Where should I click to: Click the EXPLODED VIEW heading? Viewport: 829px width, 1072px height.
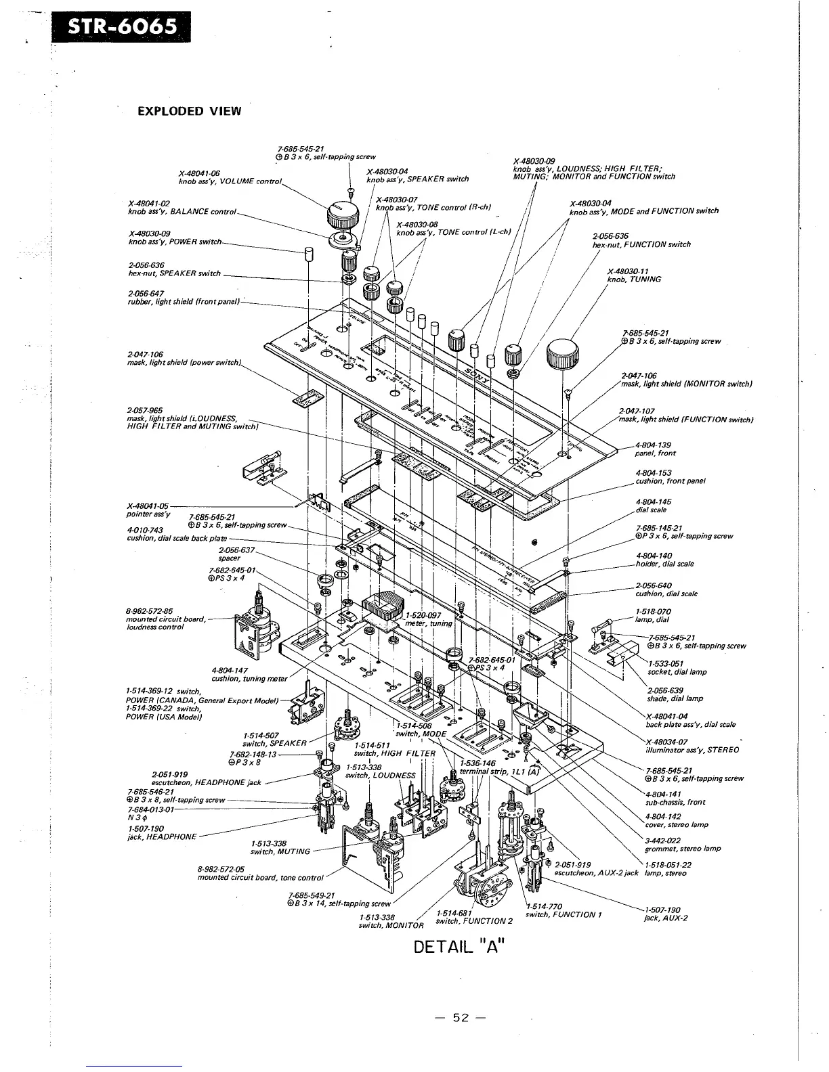189,111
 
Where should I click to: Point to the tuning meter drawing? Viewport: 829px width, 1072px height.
384,612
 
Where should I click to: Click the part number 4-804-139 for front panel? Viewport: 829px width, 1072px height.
654,445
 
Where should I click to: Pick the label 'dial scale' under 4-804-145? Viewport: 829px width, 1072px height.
650,510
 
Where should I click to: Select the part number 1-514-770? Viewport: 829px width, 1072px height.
545,907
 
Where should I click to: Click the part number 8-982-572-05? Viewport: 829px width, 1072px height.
221,869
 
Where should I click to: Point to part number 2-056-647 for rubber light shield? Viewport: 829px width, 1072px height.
146,293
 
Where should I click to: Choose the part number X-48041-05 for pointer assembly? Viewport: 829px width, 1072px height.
148,506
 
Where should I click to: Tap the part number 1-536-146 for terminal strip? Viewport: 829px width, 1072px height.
477,762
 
